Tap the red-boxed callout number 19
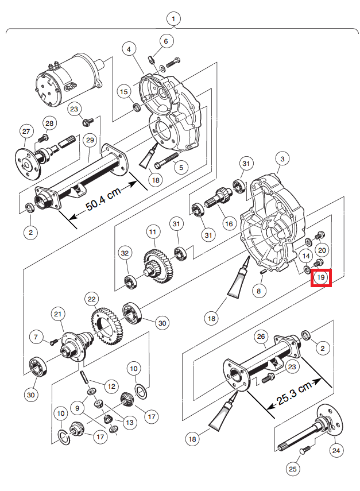(322, 279)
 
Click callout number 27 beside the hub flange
(25, 132)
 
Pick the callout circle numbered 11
(152, 233)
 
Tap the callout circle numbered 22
(92, 299)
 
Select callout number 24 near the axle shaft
(335, 450)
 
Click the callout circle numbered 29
(89, 140)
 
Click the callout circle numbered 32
(125, 253)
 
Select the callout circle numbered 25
(293, 469)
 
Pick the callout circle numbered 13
(130, 423)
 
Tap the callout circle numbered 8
(259, 291)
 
